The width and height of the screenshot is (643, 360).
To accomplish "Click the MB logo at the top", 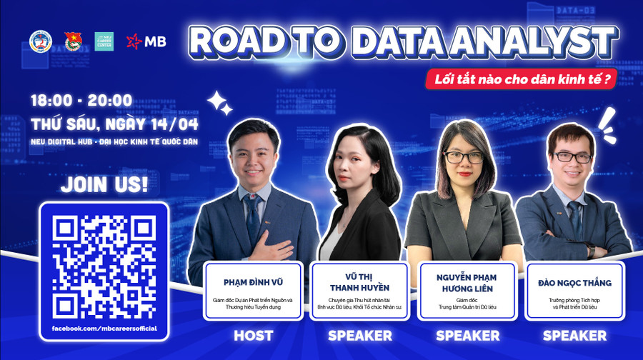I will pyautogui.click(x=146, y=41).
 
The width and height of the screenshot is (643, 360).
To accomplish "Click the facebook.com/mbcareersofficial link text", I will pyautogui.click(x=104, y=329).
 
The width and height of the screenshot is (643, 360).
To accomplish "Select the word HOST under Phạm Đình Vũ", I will pyautogui.click(x=252, y=335).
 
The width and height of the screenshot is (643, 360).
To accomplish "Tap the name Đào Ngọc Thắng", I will pyautogui.click(x=574, y=283).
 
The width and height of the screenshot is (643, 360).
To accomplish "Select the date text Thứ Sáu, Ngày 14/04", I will pyautogui.click(x=114, y=124).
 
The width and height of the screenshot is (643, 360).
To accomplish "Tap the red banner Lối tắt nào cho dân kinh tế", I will pyautogui.click(x=520, y=80).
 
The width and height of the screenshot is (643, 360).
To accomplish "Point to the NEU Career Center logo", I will pyautogui.click(x=104, y=41).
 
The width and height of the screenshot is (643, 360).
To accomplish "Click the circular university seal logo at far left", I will pyautogui.click(x=41, y=41).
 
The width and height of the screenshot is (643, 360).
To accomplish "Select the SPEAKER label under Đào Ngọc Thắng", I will pyautogui.click(x=574, y=335).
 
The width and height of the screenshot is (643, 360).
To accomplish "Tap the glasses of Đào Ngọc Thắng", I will pyautogui.click(x=572, y=157).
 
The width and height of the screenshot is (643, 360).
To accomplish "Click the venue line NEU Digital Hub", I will pyautogui.click(x=114, y=142).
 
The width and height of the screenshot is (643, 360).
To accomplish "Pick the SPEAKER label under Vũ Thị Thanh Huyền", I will pyautogui.click(x=359, y=335).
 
